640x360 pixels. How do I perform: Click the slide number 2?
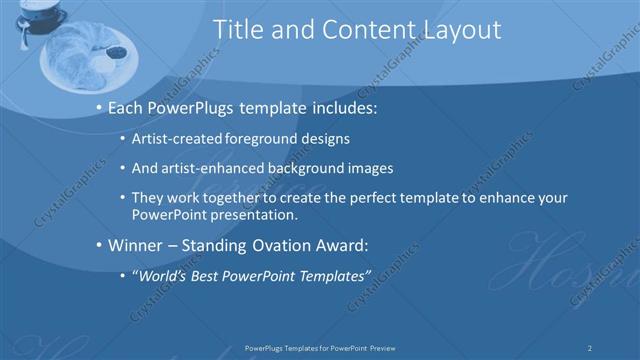pyautogui.click(x=590, y=348)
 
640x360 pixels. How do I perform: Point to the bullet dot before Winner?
pyautogui.click(x=98, y=244)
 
